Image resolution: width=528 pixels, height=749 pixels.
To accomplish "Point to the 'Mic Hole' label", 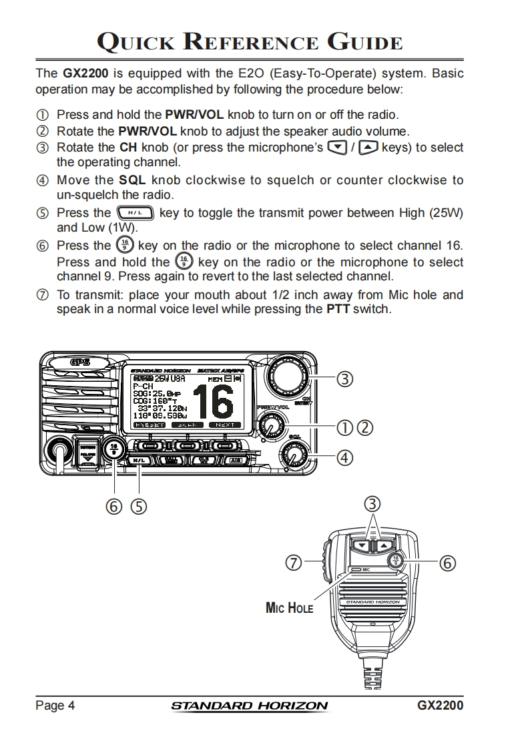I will click(x=289, y=608).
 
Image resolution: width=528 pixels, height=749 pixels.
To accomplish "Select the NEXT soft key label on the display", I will click(x=224, y=425).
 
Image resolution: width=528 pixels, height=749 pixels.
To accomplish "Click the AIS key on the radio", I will click(x=235, y=460).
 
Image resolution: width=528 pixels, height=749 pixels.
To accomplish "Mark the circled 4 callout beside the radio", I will click(x=344, y=458).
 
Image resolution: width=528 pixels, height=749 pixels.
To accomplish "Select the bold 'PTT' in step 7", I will click(x=338, y=310).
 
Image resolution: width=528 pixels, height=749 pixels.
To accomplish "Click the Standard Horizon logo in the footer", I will click(x=250, y=706).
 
